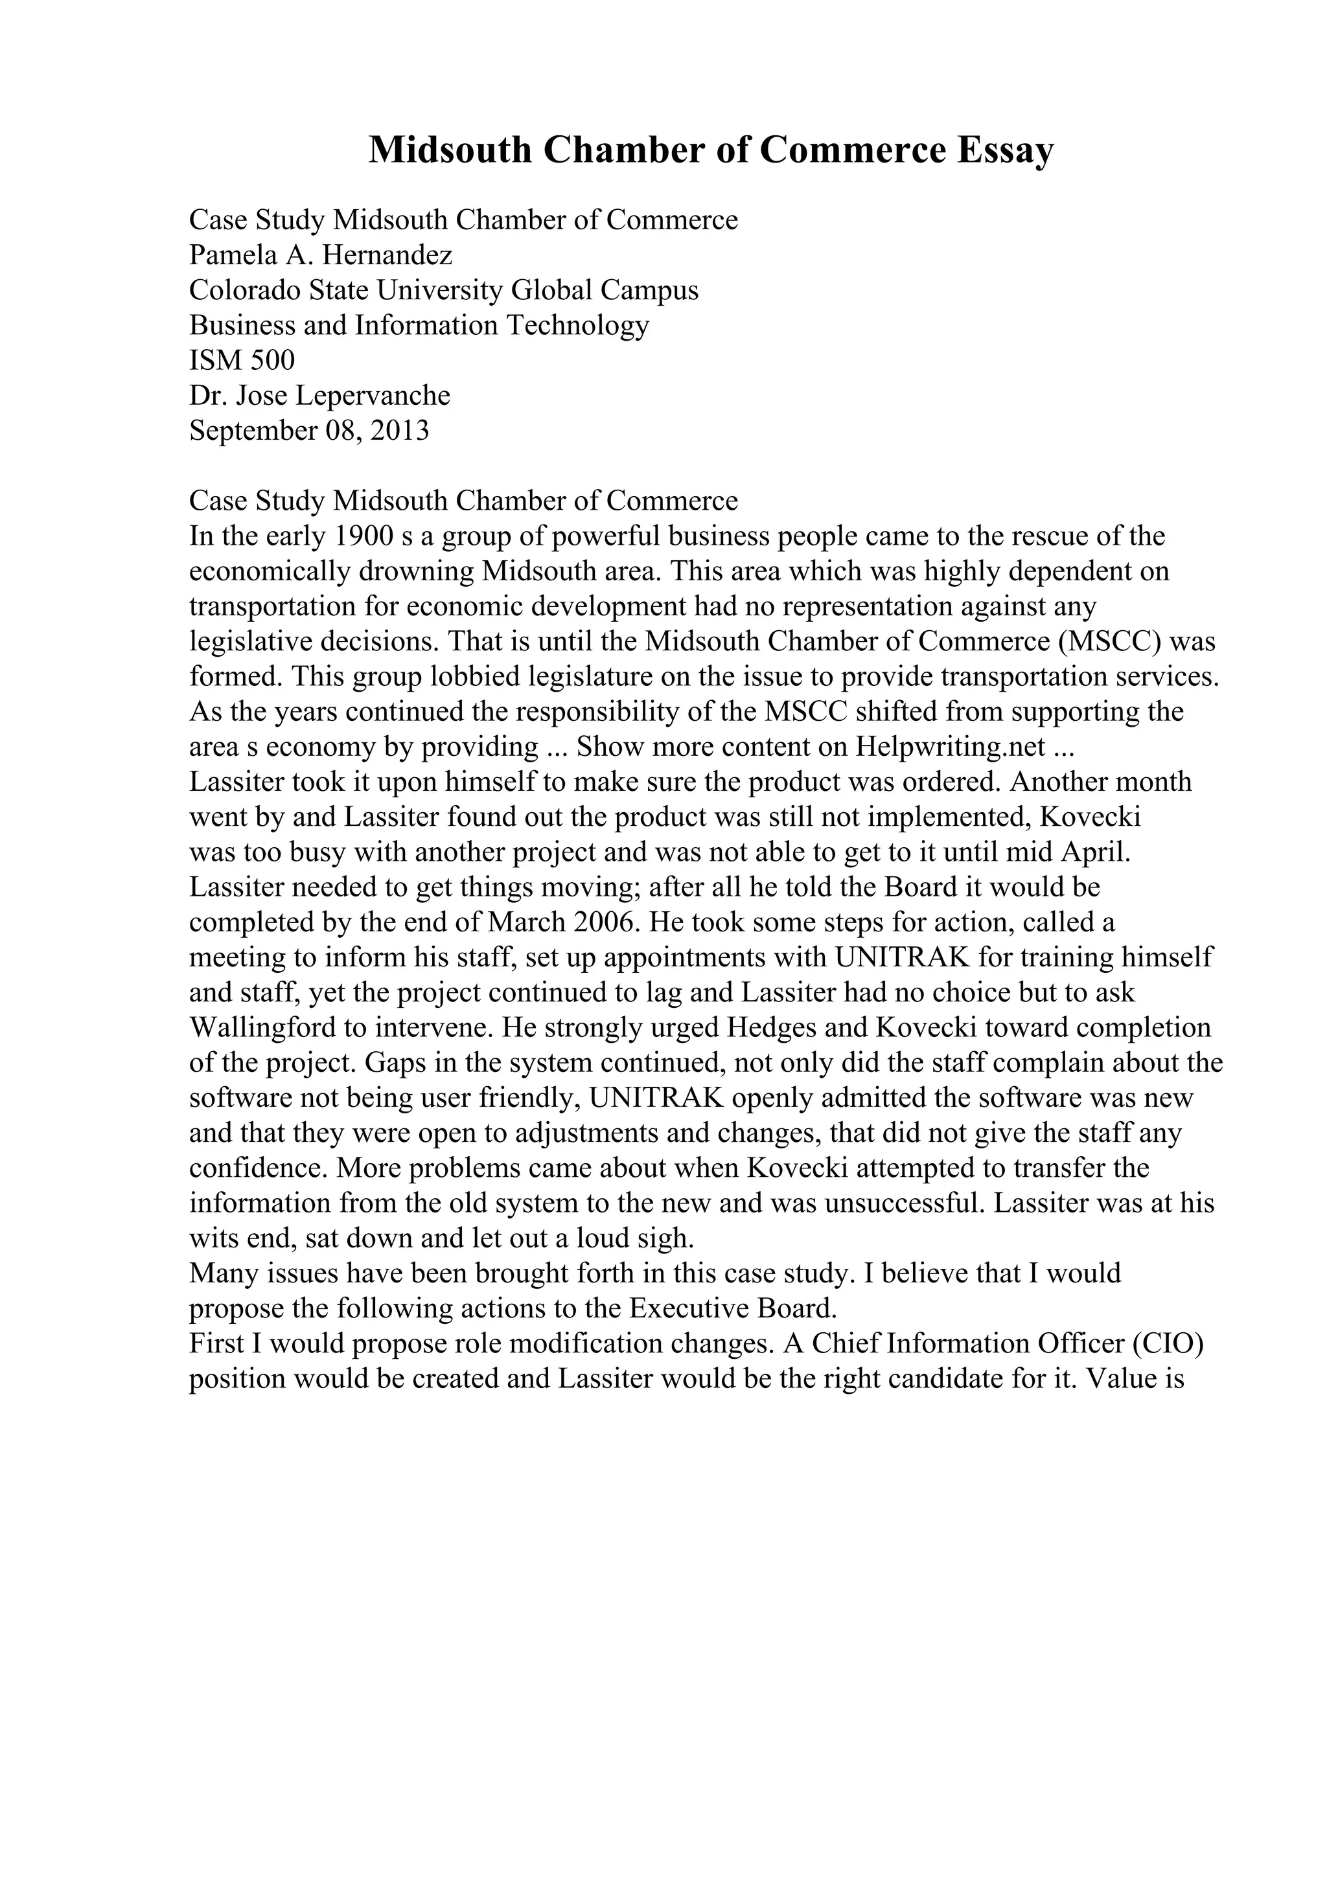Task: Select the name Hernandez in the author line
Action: (x=387, y=255)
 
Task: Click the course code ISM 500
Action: (x=242, y=361)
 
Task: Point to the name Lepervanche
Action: (x=372, y=396)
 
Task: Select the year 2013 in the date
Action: (x=399, y=431)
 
